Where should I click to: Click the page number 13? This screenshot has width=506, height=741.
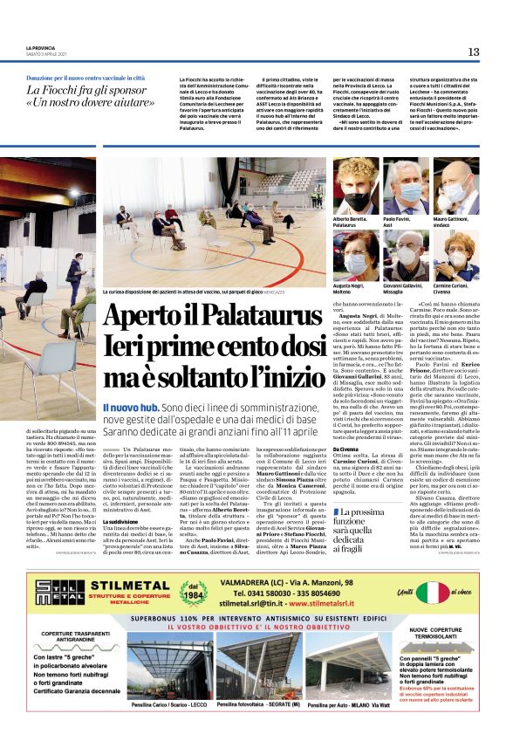(x=473, y=51)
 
